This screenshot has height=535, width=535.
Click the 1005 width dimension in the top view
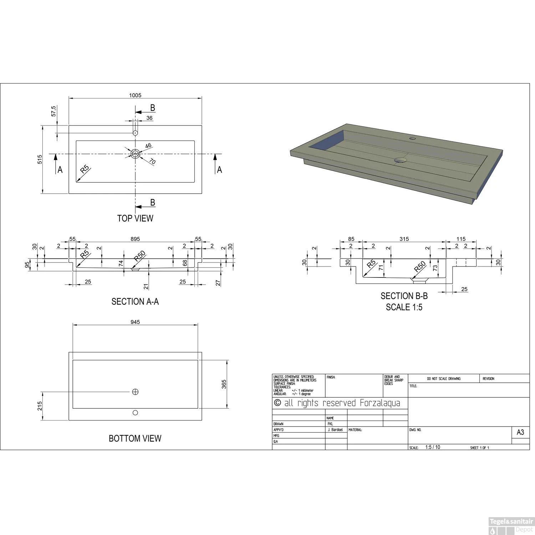pos(135,95)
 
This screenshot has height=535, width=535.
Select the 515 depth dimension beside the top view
pos(40,159)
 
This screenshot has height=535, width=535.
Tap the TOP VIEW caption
pos(135,218)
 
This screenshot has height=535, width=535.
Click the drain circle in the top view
pos(135,154)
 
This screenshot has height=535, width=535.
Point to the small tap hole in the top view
pos(135,133)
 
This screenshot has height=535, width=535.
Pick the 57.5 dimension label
pos(53,111)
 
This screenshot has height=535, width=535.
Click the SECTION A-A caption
pos(135,302)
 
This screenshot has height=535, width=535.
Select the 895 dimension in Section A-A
pos(135,239)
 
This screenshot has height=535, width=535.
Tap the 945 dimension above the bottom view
pos(135,322)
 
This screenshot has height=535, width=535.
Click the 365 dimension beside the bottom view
pos(224,384)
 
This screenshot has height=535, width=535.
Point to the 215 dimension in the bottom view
pos(40,406)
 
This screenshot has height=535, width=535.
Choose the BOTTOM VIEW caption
pos(135,438)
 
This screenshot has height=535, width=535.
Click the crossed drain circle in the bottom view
pos(135,392)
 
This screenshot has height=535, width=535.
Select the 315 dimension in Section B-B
pos(404,239)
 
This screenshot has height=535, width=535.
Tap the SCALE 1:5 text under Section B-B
pos(404,307)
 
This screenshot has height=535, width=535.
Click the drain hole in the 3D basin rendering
pos(401,160)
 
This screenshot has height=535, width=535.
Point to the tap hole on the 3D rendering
pos(413,138)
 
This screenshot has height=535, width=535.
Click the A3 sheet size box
pos(520,432)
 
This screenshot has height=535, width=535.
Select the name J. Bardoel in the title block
pos(335,430)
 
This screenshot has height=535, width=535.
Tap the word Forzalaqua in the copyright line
pos(380,403)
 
